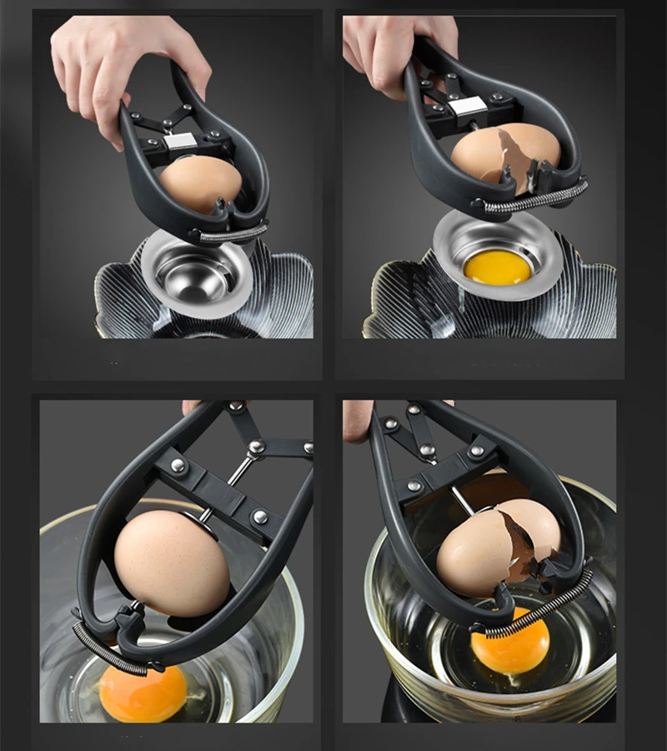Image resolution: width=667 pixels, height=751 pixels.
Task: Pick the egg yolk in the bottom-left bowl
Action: (x=143, y=692)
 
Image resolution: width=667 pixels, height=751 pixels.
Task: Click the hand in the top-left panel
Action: (x=125, y=67)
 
